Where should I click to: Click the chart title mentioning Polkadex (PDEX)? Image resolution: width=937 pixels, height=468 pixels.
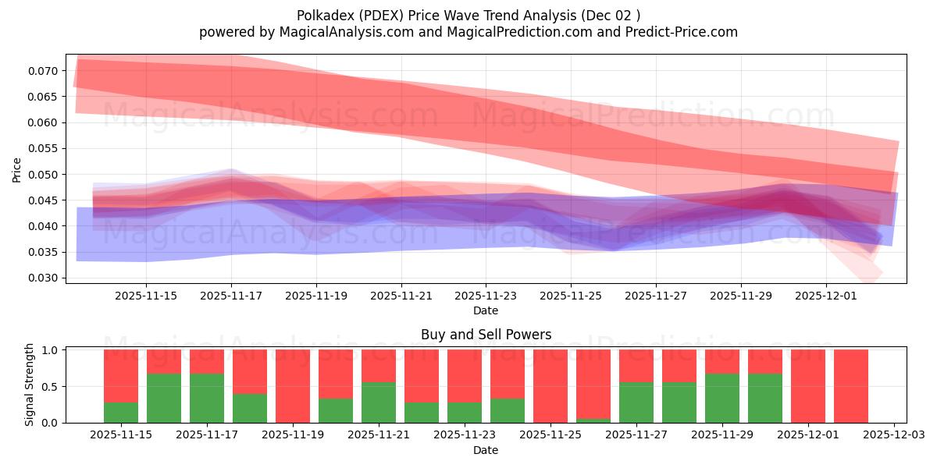[x=468, y=15]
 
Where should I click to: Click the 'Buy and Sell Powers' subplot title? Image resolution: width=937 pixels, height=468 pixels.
[x=486, y=335]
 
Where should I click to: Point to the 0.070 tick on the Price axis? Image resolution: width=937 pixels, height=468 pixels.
[x=45, y=71]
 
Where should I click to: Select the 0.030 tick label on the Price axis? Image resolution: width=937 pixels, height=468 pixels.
[x=45, y=278]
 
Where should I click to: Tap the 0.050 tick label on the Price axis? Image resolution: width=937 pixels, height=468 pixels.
[x=45, y=175]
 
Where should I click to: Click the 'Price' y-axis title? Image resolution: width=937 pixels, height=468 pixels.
[x=17, y=168]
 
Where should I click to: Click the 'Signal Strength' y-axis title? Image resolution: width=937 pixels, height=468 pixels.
[x=30, y=385]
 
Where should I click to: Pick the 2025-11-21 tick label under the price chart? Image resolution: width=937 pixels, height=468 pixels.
[x=401, y=296]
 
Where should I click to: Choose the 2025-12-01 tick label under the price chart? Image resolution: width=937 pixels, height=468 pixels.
[x=826, y=296]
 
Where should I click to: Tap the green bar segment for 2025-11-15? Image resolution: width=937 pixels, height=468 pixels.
[x=121, y=412]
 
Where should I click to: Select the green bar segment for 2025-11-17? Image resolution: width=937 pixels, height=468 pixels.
[x=207, y=398]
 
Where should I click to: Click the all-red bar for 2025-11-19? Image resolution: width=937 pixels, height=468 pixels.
[x=293, y=386]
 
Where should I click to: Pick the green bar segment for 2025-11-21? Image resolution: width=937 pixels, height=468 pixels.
[x=379, y=402]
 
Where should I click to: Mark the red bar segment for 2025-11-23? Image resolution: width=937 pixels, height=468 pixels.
[x=465, y=376]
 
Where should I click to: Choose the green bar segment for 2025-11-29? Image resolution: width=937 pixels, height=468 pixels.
[x=722, y=398]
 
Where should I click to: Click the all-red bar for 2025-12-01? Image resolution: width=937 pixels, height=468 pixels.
[x=808, y=386]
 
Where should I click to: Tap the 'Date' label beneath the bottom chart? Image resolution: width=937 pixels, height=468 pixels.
[x=486, y=450]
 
